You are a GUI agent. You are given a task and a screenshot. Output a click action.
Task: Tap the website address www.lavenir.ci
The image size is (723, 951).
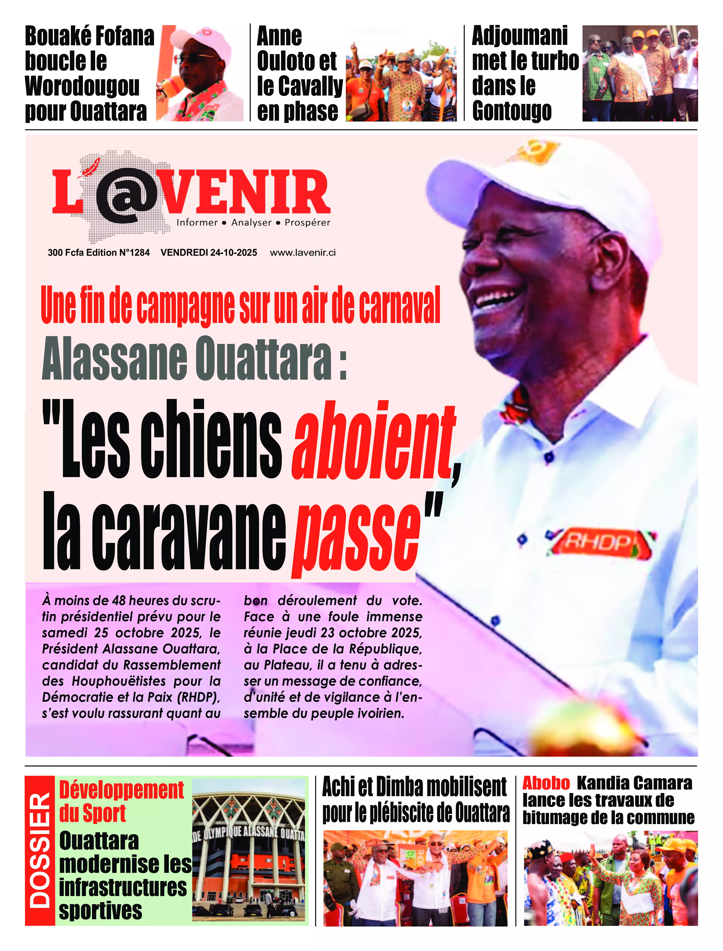pos(303,253)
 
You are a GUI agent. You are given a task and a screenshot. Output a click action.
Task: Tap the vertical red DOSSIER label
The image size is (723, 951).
pos(40,850)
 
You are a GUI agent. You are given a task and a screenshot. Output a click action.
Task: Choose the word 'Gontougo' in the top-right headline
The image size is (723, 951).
pos(512,111)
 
